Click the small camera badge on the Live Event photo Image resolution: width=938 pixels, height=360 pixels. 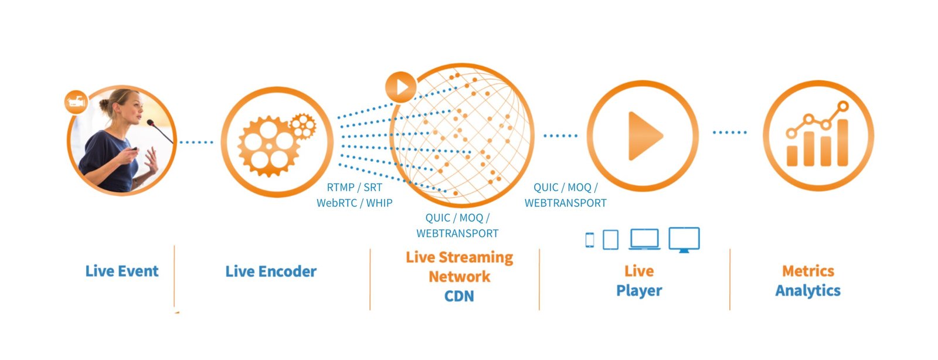pyautogui.click(x=76, y=102)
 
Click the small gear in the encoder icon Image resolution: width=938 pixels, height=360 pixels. pyautogui.click(x=303, y=125)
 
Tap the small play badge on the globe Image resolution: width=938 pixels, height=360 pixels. pyautogui.click(x=401, y=87)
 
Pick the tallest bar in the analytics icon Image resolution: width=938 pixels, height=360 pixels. pyautogui.click(x=842, y=142)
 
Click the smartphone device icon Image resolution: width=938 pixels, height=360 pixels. pyautogui.click(x=590, y=239)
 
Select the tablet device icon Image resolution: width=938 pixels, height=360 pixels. pyautogui.click(x=610, y=239)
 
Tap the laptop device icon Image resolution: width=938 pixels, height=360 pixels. pyautogui.click(x=644, y=239)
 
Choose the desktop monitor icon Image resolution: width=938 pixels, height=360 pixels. pyautogui.click(x=684, y=239)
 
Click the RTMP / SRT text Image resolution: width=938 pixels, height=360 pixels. pyautogui.click(x=354, y=188)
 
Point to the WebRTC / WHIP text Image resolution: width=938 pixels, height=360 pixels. pyautogui.click(x=354, y=203)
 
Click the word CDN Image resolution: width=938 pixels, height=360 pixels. pyautogui.click(x=459, y=296)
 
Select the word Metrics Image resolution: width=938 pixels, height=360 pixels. pyautogui.click(x=808, y=271)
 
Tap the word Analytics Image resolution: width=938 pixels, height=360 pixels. pyautogui.click(x=808, y=290)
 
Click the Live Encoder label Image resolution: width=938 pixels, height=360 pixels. pyautogui.click(x=271, y=271)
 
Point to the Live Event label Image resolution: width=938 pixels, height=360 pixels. pyautogui.click(x=122, y=271)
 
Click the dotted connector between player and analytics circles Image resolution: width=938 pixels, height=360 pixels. pyautogui.click(x=730, y=133)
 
